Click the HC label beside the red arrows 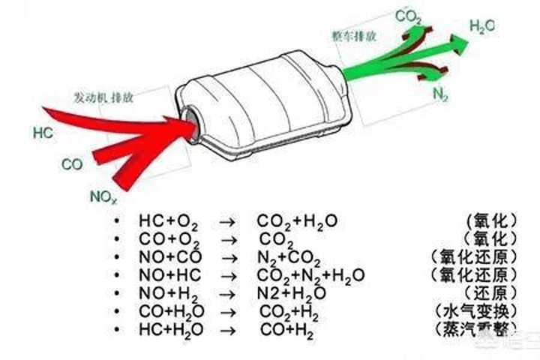[43, 133]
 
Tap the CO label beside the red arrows [72, 164]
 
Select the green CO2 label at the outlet [409, 16]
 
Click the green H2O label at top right [481, 27]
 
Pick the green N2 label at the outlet [441, 95]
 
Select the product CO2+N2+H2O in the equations [310, 275]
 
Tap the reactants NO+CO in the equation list [166, 257]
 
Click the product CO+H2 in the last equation [288, 330]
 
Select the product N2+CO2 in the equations [286, 258]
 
